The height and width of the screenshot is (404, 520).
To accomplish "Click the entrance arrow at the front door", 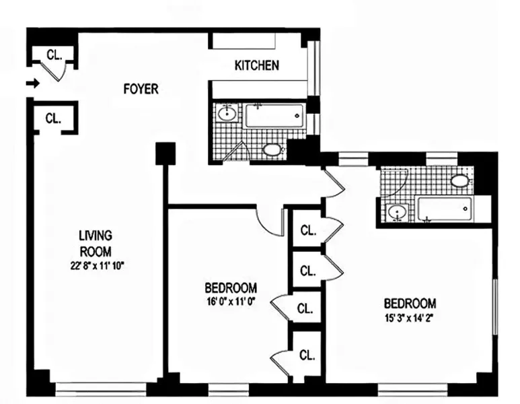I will [x=32, y=83].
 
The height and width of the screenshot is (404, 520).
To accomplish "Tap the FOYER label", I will [x=141, y=89].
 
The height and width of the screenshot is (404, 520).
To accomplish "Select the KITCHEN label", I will [x=256, y=65].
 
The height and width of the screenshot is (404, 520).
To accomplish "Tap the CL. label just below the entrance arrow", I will [x=54, y=119].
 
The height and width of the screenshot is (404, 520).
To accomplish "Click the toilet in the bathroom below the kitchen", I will [x=272, y=149].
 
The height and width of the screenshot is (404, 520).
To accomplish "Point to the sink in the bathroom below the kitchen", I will [x=227, y=113].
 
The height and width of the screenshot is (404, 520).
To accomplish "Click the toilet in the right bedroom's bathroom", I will [x=460, y=180].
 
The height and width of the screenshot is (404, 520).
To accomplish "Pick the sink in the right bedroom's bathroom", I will [x=397, y=213].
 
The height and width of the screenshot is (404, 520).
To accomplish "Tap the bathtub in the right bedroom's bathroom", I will [x=444, y=209].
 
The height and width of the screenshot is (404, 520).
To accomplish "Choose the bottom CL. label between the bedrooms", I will [x=307, y=355].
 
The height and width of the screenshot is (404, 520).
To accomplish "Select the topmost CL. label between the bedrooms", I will [x=307, y=231].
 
